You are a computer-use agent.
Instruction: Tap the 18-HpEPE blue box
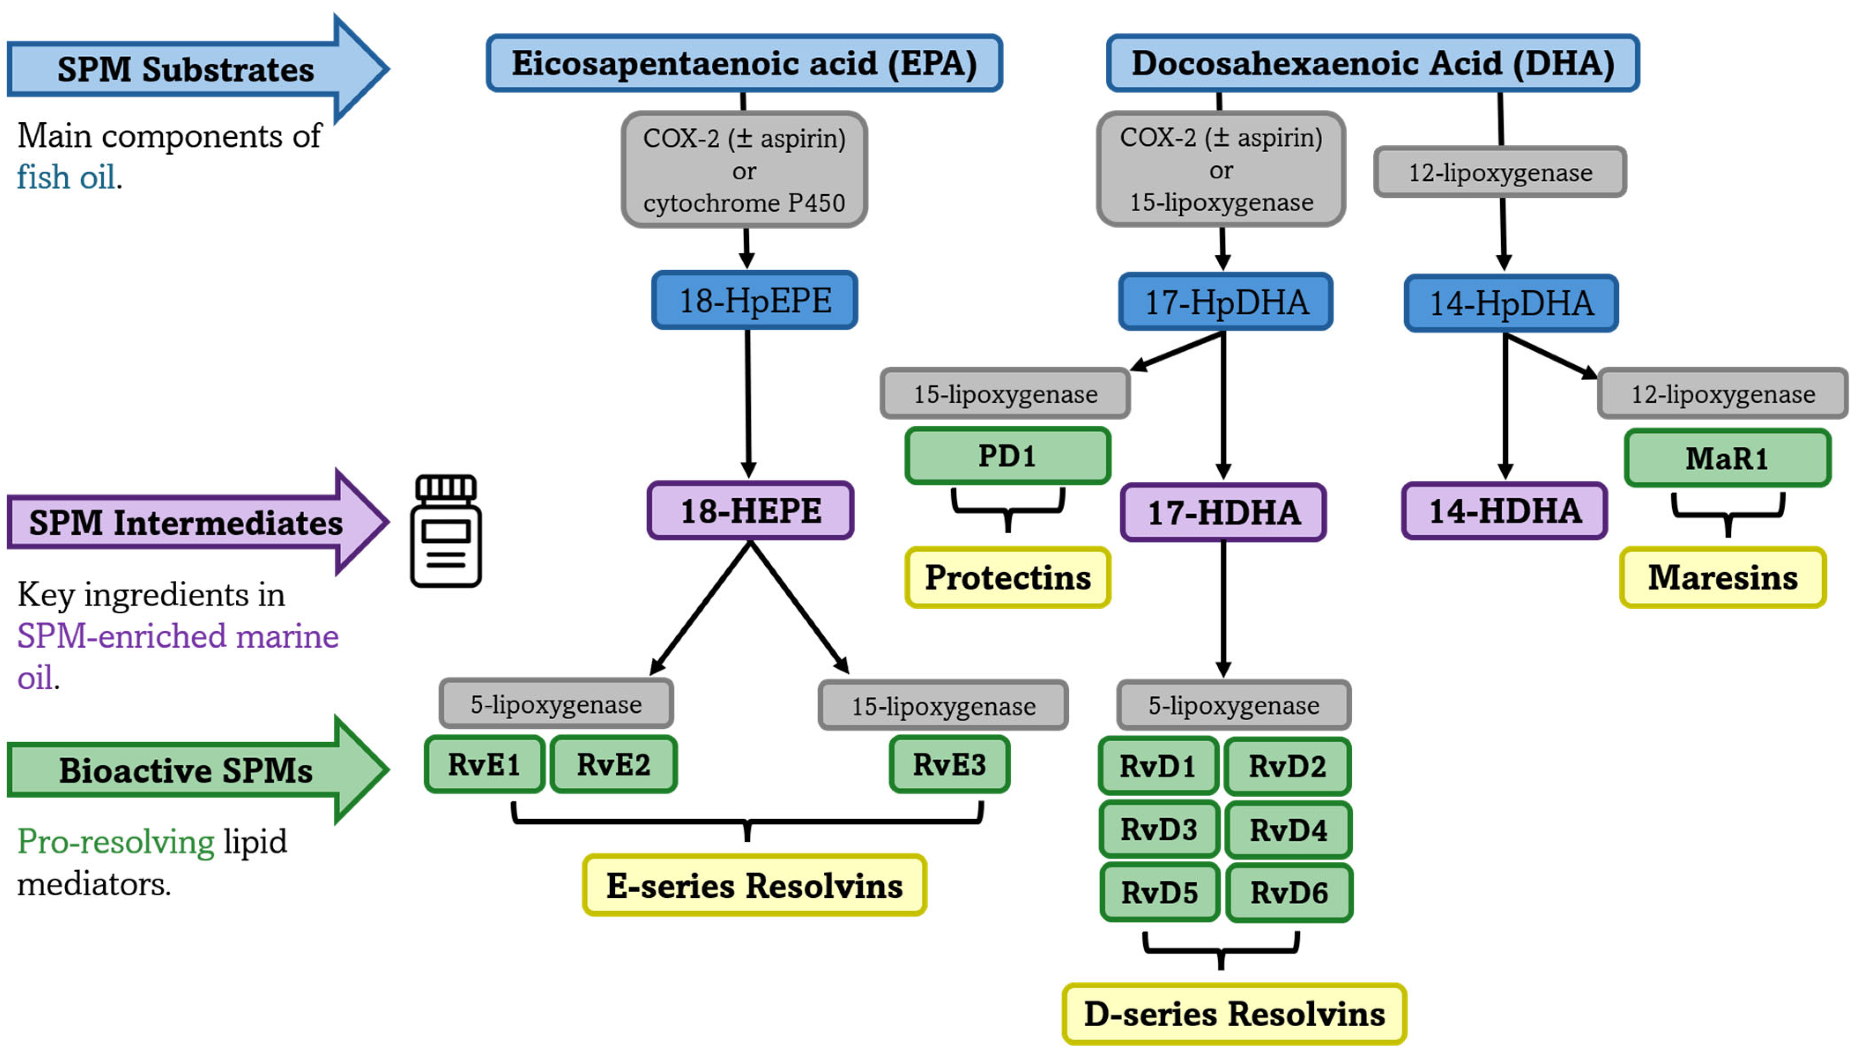tap(754, 301)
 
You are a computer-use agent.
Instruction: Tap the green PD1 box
tap(1007, 456)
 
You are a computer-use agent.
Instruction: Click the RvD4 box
tap(1288, 830)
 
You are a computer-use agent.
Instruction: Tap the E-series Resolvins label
tap(754, 885)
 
